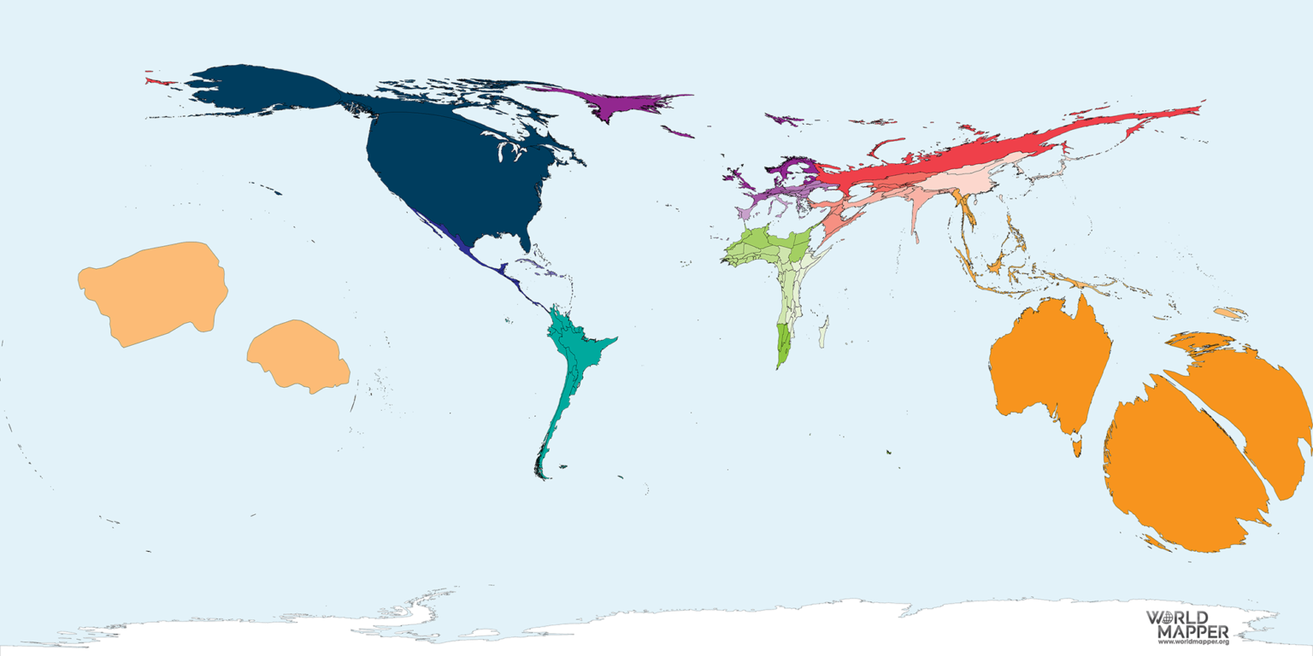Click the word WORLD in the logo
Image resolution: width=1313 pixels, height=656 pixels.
[x=1176, y=618]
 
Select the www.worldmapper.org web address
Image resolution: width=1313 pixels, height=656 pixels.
[x=1192, y=641]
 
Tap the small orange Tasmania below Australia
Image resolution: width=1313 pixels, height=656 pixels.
[x=1077, y=447]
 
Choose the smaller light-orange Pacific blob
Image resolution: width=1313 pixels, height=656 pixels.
[x=297, y=354]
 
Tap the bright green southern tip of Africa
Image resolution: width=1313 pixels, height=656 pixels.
[x=783, y=346]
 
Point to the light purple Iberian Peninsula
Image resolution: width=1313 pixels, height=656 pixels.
[x=745, y=212]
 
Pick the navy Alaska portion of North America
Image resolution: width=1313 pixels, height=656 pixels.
[x=256, y=90]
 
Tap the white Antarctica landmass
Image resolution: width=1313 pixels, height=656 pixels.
[x=684, y=628]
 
